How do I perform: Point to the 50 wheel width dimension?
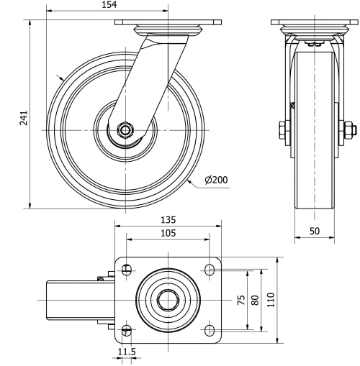tap(315, 230)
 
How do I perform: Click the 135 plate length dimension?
tap(168, 219)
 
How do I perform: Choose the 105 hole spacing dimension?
tap(168, 233)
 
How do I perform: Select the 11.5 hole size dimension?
tap(127, 352)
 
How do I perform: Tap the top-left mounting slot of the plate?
tap(127, 270)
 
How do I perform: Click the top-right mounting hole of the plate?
tap(210, 270)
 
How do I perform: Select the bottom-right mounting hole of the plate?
tap(210, 330)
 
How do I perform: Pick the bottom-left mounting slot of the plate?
tap(127, 330)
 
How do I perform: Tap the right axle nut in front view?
tap(349, 130)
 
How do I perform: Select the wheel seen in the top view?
tap(72, 300)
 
